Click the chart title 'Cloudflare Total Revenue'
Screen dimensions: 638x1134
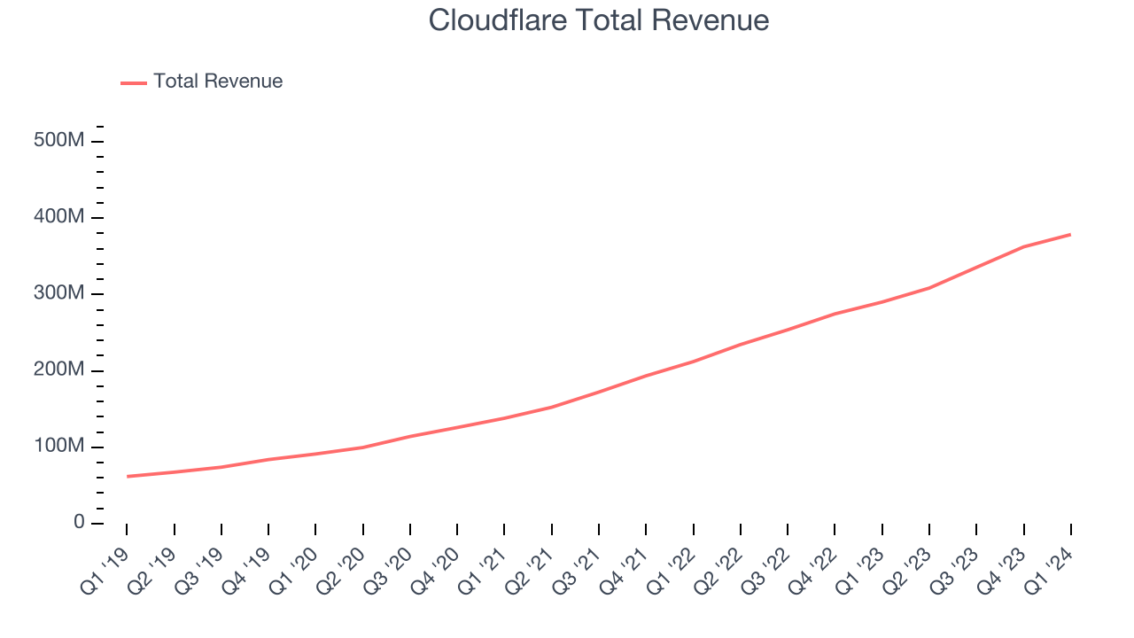tap(599, 20)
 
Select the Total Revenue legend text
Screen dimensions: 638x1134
tap(218, 82)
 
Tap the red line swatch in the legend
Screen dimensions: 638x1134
tap(134, 82)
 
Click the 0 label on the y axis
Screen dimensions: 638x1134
tap(78, 523)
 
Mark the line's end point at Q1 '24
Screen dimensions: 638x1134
tap(1071, 235)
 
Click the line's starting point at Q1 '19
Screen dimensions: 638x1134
tap(127, 477)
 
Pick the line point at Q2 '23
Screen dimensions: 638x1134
tap(929, 288)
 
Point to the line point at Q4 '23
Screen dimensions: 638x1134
tap(1024, 246)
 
